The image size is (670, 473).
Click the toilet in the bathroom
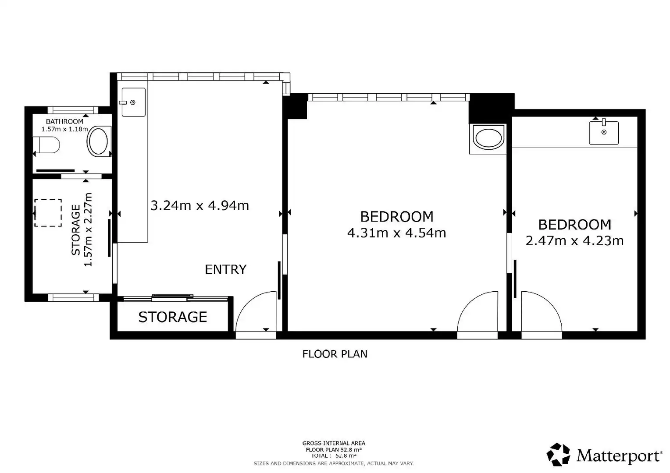pyautogui.click(x=46, y=145)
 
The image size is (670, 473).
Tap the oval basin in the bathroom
pyautogui.click(x=98, y=141)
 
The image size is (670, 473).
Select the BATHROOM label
pyautogui.click(x=64, y=121)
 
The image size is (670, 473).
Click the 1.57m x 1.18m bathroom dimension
pyautogui.click(x=64, y=129)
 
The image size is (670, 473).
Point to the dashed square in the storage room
pyautogui.click(x=48, y=213)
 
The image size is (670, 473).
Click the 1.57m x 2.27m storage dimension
pyautogui.click(x=88, y=229)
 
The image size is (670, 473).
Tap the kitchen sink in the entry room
pyautogui.click(x=133, y=102)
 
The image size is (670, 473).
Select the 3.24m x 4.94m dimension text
pyautogui.click(x=200, y=205)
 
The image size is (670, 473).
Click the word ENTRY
pyautogui.click(x=225, y=269)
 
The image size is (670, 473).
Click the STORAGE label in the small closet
pyautogui.click(x=173, y=317)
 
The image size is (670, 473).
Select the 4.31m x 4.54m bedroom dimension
pyautogui.click(x=397, y=233)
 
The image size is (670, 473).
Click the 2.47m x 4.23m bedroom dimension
pyautogui.click(x=574, y=241)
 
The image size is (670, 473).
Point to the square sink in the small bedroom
pyautogui.click(x=604, y=132)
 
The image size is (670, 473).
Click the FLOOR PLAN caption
pyautogui.click(x=335, y=354)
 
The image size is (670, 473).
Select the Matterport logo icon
pyautogui.click(x=558, y=455)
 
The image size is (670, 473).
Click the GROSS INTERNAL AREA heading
pyautogui.click(x=334, y=443)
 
